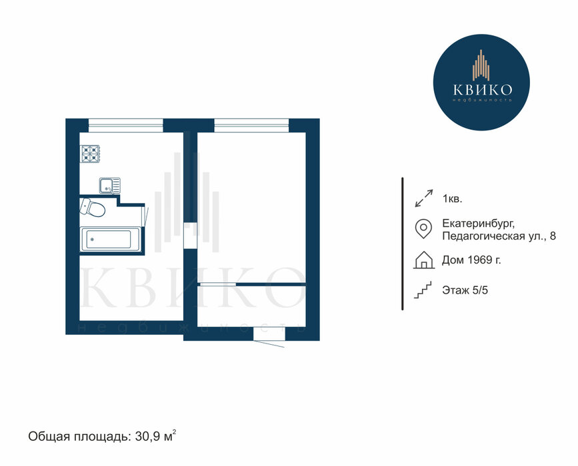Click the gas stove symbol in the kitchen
[91, 154]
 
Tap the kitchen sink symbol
[109, 186]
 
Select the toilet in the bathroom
[92, 207]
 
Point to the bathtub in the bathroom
[110, 240]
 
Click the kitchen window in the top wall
[126, 125]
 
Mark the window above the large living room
[251, 125]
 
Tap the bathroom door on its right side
[145, 216]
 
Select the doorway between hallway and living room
[190, 236]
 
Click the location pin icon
[423, 228]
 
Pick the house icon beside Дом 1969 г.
[424, 260]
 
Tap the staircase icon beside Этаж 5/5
[423, 290]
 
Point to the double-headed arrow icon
[424, 198]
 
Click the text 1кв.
[452, 199]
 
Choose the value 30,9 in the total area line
[147, 437]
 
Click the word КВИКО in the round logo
[482, 89]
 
